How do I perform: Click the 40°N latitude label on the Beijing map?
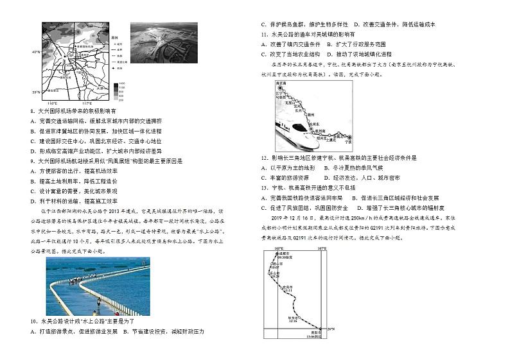(x=35, y=51)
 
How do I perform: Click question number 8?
(x=33, y=111)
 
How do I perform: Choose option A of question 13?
(x=264, y=198)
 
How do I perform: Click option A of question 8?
(x=33, y=120)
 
